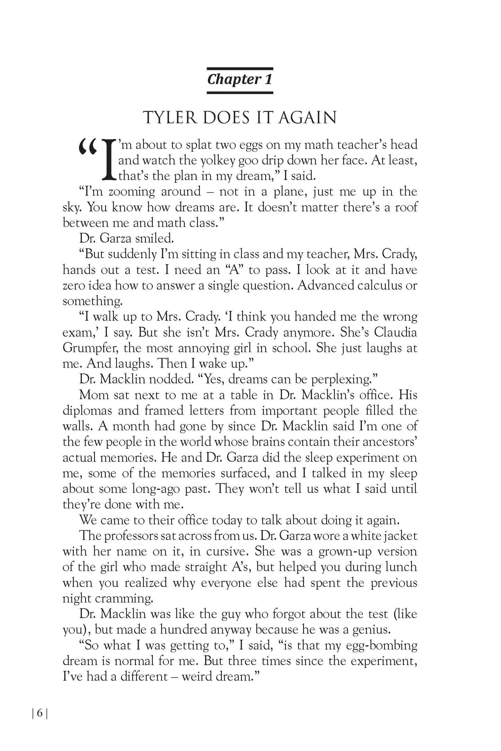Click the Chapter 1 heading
click(x=240, y=79)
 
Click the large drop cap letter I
click(x=110, y=160)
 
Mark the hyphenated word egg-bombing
click(x=379, y=645)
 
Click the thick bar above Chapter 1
click(x=240, y=69)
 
